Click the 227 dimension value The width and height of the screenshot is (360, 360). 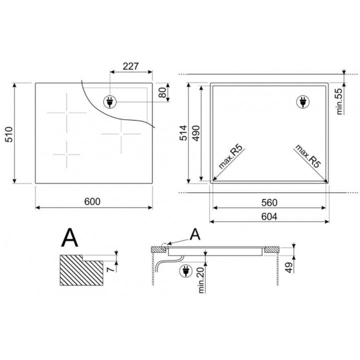[x=131, y=66]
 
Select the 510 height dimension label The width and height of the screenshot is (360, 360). [x=9, y=134]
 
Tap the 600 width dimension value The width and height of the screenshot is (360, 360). [x=92, y=201]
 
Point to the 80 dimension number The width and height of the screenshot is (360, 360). [x=162, y=92]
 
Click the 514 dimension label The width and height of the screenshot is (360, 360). [x=183, y=132]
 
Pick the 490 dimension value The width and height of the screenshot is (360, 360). [x=196, y=133]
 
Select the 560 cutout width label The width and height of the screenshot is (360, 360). [x=269, y=202]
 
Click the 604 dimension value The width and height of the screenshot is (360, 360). [x=269, y=216]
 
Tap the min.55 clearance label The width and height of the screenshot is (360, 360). [x=339, y=101]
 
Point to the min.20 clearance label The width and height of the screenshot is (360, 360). [x=201, y=280]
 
